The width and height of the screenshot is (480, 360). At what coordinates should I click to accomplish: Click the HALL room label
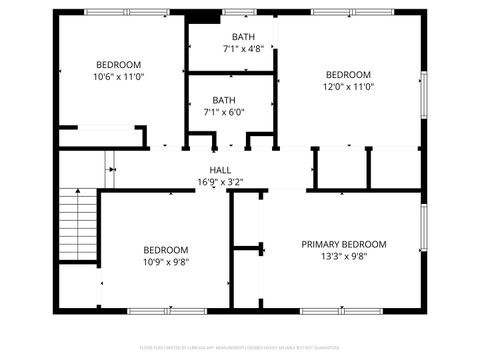[220, 170]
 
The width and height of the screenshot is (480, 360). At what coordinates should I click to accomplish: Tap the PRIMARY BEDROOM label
[344, 244]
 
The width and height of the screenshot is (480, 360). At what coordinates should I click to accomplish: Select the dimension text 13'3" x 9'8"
[344, 256]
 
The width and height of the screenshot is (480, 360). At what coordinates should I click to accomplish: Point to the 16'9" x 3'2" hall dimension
[220, 182]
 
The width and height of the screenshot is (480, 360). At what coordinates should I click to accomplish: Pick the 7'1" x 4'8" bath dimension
[243, 48]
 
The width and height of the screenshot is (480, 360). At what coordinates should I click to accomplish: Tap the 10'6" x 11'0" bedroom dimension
[119, 77]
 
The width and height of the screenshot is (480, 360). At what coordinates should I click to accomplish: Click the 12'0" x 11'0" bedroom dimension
[347, 87]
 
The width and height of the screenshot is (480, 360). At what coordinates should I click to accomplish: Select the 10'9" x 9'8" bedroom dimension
[165, 262]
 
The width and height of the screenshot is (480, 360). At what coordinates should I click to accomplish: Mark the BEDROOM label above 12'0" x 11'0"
[347, 75]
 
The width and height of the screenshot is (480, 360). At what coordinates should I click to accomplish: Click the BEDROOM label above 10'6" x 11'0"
[119, 65]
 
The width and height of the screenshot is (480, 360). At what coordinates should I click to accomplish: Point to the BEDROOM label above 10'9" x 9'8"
[165, 250]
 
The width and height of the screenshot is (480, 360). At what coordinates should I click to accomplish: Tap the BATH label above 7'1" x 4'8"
[243, 36]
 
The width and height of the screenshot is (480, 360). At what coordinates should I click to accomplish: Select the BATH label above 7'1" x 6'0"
[224, 100]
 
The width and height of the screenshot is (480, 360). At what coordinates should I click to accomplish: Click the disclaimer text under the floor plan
[240, 348]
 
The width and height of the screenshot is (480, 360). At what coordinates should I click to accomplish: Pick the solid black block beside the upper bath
[204, 16]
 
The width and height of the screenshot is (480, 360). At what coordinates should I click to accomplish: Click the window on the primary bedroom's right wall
[424, 232]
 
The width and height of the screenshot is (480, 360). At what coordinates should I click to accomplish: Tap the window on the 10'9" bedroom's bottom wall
[165, 311]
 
